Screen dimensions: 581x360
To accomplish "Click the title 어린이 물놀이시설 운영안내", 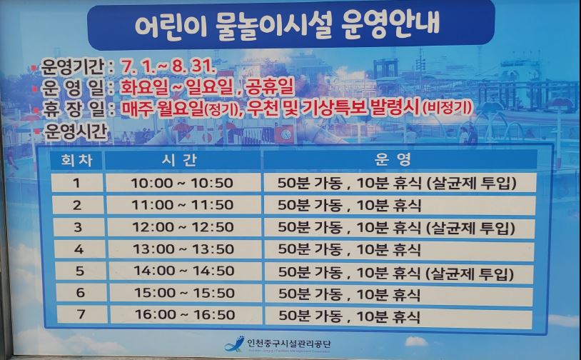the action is [x=288, y=24].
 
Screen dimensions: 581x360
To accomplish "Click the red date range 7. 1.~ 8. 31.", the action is [x=168, y=66].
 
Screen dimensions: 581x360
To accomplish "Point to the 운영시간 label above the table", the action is [x=75, y=131].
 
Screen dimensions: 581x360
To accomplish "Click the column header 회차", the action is [x=76, y=160].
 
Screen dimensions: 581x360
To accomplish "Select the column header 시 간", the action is [x=179, y=160].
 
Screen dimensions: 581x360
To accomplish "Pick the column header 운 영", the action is [x=393, y=159].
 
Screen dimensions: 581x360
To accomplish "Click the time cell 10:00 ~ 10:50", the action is [x=182, y=183].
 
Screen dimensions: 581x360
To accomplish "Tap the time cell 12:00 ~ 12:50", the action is [x=183, y=227].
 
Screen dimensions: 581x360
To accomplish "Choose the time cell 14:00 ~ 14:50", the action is [x=183, y=271].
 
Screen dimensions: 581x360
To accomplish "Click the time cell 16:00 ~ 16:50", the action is [x=185, y=315].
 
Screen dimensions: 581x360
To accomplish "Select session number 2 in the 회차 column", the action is [x=77, y=205].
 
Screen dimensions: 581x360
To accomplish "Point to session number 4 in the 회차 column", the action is [x=79, y=249].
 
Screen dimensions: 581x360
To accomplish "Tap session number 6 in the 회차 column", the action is [x=81, y=293].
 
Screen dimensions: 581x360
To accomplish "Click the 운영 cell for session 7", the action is [x=350, y=316].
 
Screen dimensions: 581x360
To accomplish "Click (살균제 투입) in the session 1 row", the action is [x=471, y=183].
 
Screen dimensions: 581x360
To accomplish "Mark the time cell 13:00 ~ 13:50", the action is [x=183, y=249].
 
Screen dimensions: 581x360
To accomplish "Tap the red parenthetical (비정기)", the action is [x=448, y=108].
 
